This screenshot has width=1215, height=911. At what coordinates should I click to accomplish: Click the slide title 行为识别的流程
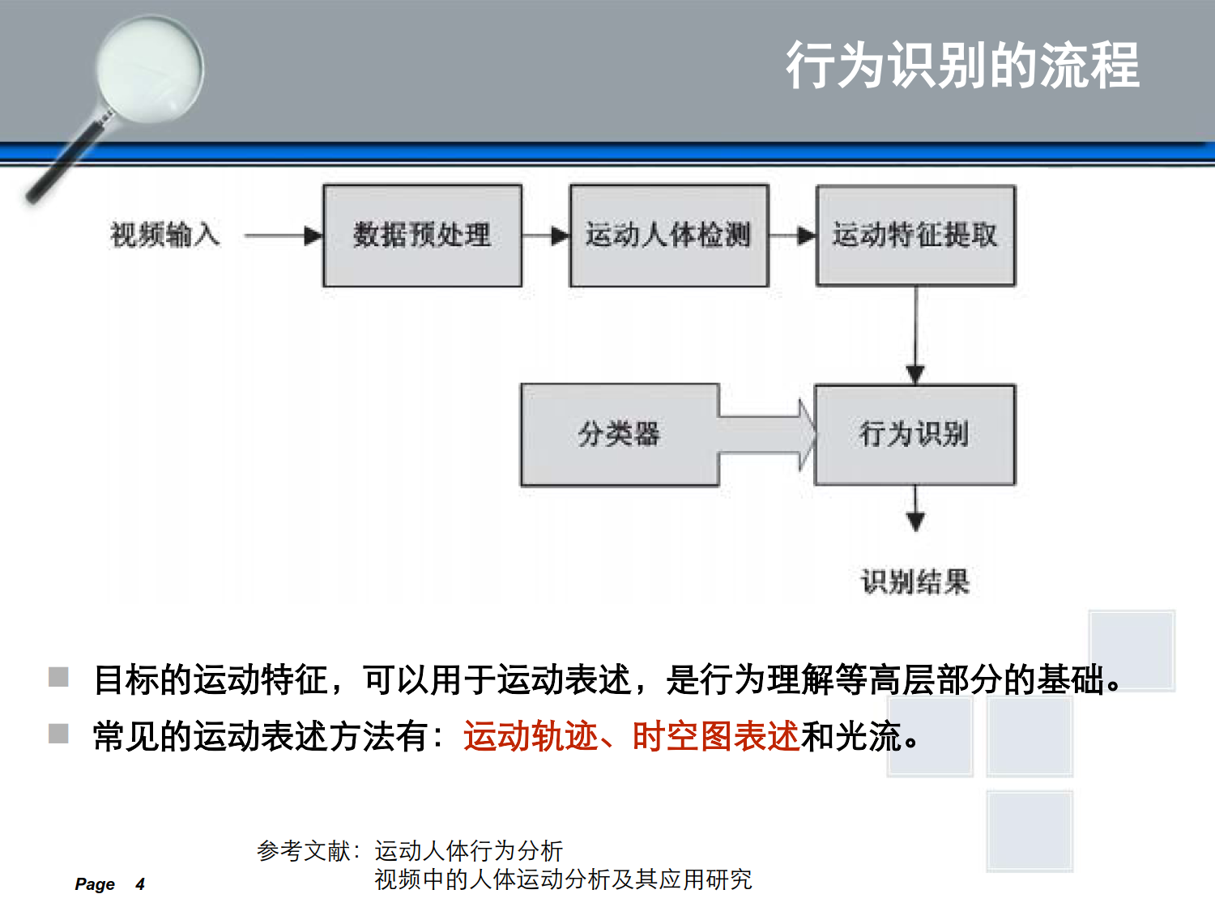coord(962,66)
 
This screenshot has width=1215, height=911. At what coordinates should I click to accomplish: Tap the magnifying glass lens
coord(150,69)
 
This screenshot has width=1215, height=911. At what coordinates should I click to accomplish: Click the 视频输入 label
coord(165,235)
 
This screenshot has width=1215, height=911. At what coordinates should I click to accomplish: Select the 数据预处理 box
coord(422,236)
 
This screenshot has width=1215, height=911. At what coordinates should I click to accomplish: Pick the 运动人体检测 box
coord(669,236)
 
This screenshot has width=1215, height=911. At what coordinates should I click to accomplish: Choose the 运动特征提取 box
coord(916,235)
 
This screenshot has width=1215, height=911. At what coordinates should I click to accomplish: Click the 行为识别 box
coord(915,435)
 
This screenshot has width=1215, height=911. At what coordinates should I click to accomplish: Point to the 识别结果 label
coord(915,581)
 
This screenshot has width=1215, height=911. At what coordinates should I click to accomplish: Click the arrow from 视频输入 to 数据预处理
coord(283,236)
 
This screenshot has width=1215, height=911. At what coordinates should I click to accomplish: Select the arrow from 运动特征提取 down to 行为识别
coord(915,335)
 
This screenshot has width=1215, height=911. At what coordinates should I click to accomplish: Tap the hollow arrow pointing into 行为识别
coord(767,436)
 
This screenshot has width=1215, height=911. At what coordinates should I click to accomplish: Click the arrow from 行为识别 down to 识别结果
coord(915,509)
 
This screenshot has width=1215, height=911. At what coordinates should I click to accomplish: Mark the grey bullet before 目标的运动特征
coord(58,676)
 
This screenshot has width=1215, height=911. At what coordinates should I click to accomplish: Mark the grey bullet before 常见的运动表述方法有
coord(58,734)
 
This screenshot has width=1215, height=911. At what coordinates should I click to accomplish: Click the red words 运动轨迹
coord(531,737)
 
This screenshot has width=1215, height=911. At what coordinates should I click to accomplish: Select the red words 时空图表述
coord(716,737)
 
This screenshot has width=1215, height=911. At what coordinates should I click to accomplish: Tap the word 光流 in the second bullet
coord(868,737)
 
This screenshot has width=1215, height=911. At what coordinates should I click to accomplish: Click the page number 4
coord(140,884)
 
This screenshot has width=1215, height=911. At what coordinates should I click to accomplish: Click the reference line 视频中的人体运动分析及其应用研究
coord(564,879)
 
